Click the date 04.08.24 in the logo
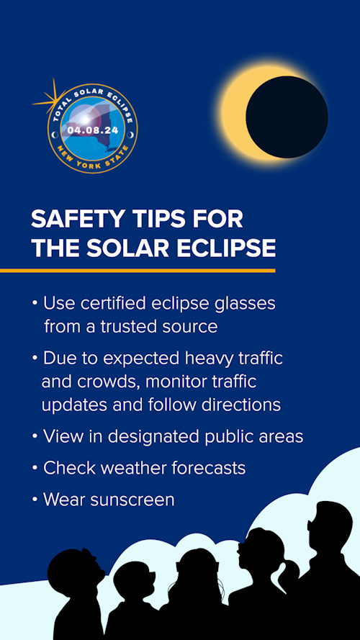coord(92,130)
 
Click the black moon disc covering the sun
coord(287,117)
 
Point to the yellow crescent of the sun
coord(234,115)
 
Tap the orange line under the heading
coord(137,271)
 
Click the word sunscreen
coord(131,500)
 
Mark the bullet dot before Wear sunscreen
coord(35,500)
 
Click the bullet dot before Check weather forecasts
coord(35,468)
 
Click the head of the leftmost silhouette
coord(74,571)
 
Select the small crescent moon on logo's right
coord(130,134)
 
